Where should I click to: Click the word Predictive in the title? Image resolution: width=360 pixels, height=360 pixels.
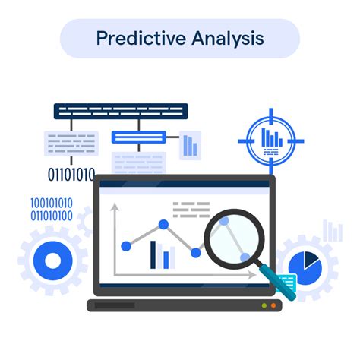137,38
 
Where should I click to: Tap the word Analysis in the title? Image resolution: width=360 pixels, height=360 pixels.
226,38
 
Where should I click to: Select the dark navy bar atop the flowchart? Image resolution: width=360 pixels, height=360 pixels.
120,111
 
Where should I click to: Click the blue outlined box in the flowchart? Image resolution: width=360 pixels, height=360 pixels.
138,137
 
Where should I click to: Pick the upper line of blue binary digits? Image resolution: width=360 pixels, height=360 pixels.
52,203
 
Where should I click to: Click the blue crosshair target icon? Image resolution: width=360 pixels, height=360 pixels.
271,140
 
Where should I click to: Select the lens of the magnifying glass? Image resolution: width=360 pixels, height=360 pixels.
233,238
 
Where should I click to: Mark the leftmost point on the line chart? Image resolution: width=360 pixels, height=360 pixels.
127,245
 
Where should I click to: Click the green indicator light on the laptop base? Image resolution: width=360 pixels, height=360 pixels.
264,305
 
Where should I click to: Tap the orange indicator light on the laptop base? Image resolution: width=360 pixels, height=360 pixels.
274,305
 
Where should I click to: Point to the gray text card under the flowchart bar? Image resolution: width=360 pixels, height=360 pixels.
72,142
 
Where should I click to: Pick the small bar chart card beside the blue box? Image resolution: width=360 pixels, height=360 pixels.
189,144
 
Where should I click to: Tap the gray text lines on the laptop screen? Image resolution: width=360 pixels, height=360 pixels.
191,209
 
